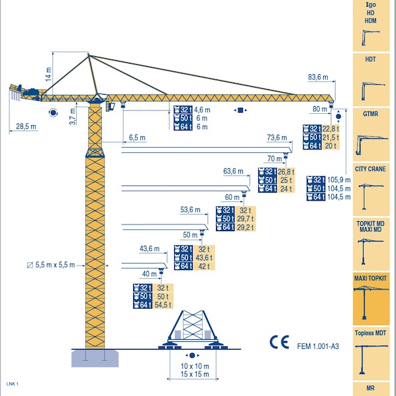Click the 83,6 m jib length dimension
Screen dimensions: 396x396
coord(318,77)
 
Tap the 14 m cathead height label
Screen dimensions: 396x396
coord(48,74)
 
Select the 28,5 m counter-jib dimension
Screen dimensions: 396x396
coord(26,126)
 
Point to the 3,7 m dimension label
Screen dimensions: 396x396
coord(73,117)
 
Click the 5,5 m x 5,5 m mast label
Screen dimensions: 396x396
coord(55,265)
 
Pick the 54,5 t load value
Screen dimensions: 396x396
coord(163,305)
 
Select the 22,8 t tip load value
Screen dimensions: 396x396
coord(330,129)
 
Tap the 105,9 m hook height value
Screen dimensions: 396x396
coord(339,180)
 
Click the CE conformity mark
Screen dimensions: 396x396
coord(279,342)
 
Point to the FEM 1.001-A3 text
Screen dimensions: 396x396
coord(318,346)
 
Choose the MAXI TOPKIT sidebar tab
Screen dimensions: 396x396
coord(371,299)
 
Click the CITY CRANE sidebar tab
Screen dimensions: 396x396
coord(371,189)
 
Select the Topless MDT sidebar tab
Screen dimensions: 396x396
coord(371,354)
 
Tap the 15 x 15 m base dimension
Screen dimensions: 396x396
coord(195,374)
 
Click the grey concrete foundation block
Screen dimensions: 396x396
coord(95,358)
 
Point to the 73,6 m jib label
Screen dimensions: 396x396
coord(277,138)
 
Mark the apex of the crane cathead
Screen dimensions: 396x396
coord(88,54)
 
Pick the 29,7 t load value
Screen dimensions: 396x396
coord(245,219)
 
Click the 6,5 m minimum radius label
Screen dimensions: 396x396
coord(137,138)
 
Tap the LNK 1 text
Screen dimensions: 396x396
coord(13,384)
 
